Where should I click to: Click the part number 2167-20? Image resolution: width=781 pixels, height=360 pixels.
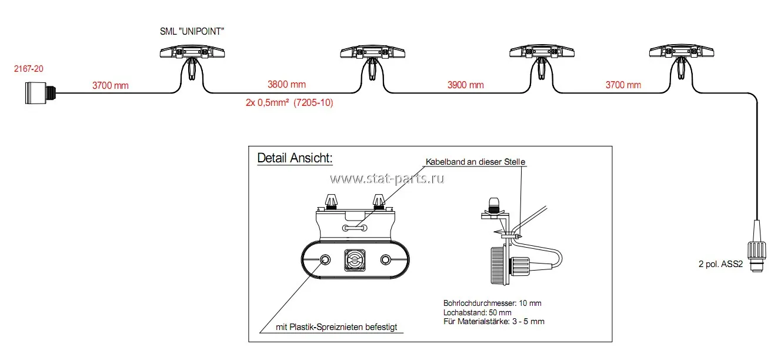29,69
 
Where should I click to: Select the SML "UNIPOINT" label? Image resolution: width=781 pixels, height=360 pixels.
192,31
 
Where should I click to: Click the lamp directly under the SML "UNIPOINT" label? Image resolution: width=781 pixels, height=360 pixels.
192,60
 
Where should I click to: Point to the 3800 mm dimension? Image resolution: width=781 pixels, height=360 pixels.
286,85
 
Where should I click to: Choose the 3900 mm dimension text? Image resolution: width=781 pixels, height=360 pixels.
465,85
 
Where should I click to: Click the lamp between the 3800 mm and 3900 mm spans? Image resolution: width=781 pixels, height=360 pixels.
372,60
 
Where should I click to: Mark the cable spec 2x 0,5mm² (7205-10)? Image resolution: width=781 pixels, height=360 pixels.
289,102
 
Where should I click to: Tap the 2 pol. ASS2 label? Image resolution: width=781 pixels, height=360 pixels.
720,264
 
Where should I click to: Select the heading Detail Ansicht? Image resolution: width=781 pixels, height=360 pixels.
295,158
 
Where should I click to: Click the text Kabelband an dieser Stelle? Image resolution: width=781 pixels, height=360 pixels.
475,162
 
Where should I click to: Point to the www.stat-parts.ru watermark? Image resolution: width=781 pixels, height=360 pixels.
387,178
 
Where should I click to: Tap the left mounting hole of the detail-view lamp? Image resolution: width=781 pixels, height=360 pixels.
325,260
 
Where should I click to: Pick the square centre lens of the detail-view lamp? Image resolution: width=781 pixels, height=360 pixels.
355,260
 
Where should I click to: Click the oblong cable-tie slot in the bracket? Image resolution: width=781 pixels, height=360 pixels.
355,228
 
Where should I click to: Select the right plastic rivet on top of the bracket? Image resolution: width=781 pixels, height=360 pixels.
379,202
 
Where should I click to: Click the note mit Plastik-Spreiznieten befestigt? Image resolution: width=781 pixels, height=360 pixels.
336,327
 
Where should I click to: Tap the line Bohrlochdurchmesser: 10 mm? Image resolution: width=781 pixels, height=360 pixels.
492,303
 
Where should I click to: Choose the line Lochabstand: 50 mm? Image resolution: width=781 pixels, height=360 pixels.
478,312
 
